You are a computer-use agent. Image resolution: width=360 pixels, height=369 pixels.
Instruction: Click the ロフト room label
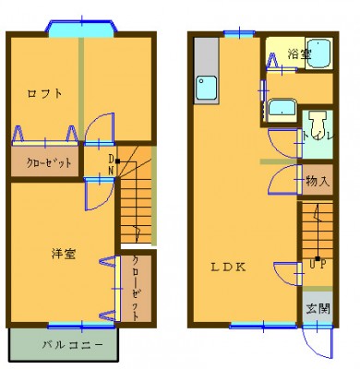pos(45,93)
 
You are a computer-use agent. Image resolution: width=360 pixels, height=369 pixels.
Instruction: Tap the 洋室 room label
pos(64,254)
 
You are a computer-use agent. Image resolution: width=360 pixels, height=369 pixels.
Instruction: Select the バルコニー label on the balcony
pos(72,345)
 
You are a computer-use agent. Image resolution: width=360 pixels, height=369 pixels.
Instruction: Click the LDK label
pos(228,267)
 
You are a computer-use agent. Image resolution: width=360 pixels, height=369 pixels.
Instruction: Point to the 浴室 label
pos(299,54)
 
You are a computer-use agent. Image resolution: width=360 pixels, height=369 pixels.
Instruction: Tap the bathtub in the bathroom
pos(319,54)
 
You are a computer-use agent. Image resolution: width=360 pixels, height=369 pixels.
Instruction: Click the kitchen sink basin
pos(207,87)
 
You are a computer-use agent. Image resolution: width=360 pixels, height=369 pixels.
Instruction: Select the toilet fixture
pos(318,122)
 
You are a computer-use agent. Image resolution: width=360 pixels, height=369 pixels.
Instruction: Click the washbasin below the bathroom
pos(282,111)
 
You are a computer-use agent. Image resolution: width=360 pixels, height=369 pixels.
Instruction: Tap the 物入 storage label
pos(318,181)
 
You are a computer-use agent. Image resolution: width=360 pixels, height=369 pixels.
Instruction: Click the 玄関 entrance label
pos(318,308)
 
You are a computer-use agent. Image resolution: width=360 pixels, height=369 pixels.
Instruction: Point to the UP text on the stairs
pos(318,265)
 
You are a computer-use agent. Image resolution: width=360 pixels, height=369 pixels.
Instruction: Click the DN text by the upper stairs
pos(111,164)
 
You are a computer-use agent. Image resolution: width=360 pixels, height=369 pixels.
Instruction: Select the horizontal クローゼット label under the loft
pos(49,162)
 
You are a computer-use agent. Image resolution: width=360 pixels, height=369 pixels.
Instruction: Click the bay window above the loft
pos(82,27)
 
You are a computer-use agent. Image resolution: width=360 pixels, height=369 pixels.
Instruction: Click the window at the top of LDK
pos(239,33)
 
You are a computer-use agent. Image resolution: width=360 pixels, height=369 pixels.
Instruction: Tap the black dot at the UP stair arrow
pos(318,258)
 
